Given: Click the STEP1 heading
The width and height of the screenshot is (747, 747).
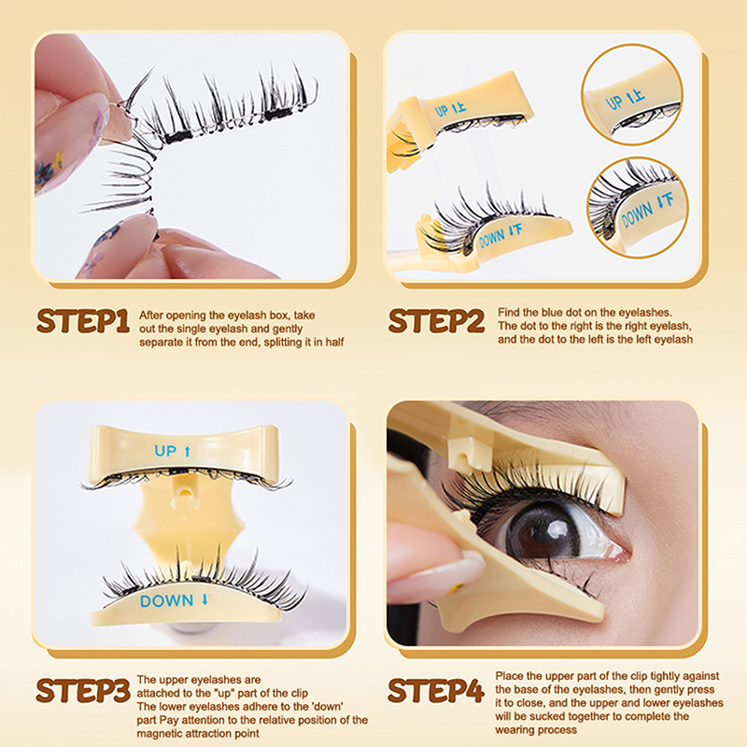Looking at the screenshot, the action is click(83, 321).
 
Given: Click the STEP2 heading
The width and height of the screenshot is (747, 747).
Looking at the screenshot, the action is click(436, 320).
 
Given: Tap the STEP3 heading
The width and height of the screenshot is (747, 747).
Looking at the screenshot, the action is click(83, 691).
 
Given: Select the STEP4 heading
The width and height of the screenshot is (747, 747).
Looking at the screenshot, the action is click(436, 691).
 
